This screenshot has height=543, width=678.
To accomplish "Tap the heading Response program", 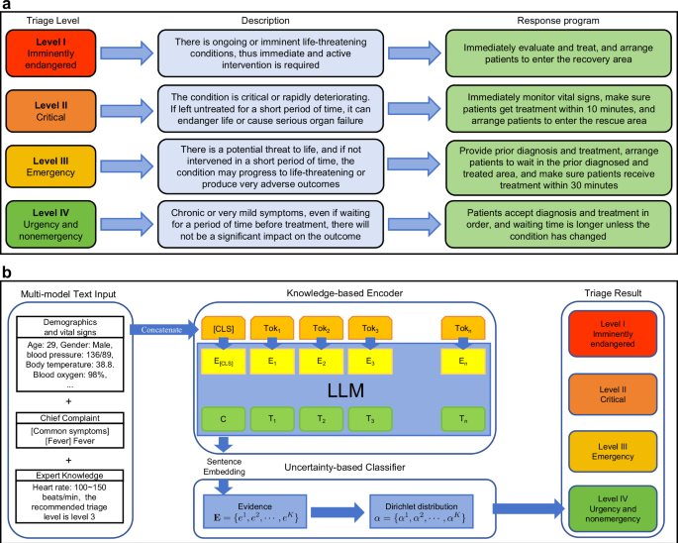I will (549, 19).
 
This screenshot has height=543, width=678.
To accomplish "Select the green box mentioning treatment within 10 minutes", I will (549, 108).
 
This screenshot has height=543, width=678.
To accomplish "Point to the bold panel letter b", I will (7, 271).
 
